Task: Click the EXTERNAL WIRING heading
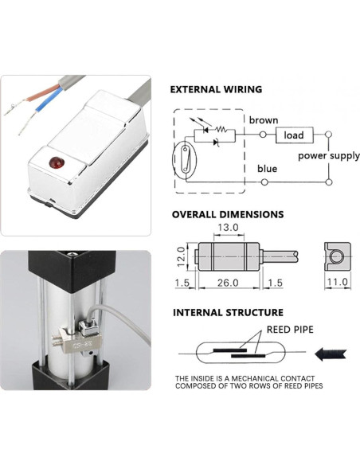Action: (217, 90)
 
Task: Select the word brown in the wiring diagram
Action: (263, 120)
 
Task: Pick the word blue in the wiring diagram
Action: (267, 169)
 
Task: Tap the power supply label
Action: (328, 156)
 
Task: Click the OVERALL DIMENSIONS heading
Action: (227, 214)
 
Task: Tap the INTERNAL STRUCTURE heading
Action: (227, 312)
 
